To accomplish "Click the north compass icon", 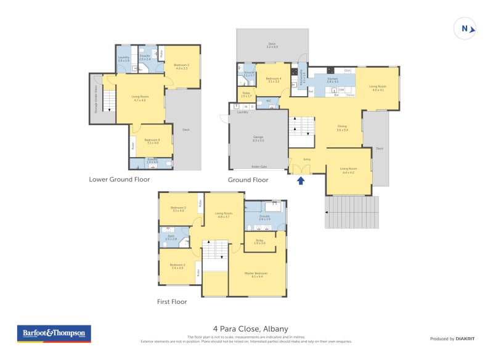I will pyautogui.click(x=465, y=28).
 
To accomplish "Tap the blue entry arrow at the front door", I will pyautogui.click(x=301, y=181).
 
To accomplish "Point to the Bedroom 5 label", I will pyautogui.click(x=181, y=66).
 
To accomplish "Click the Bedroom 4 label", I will pyautogui.click(x=274, y=80).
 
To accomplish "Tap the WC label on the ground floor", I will pyautogui.click(x=269, y=100).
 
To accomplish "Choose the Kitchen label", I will pyautogui.click(x=332, y=80).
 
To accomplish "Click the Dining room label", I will pyautogui.click(x=342, y=128).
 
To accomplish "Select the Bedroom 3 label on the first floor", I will pyautogui.click(x=178, y=209).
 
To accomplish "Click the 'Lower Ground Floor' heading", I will pyautogui.click(x=119, y=179).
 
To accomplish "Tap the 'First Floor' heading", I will pyautogui.click(x=171, y=302).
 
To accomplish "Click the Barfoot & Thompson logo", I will pyautogui.click(x=54, y=333).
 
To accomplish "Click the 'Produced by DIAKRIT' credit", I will pyautogui.click(x=451, y=339).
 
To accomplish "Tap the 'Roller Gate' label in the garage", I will pyautogui.click(x=258, y=166).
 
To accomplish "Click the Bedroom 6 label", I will pyautogui.click(x=152, y=141).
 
